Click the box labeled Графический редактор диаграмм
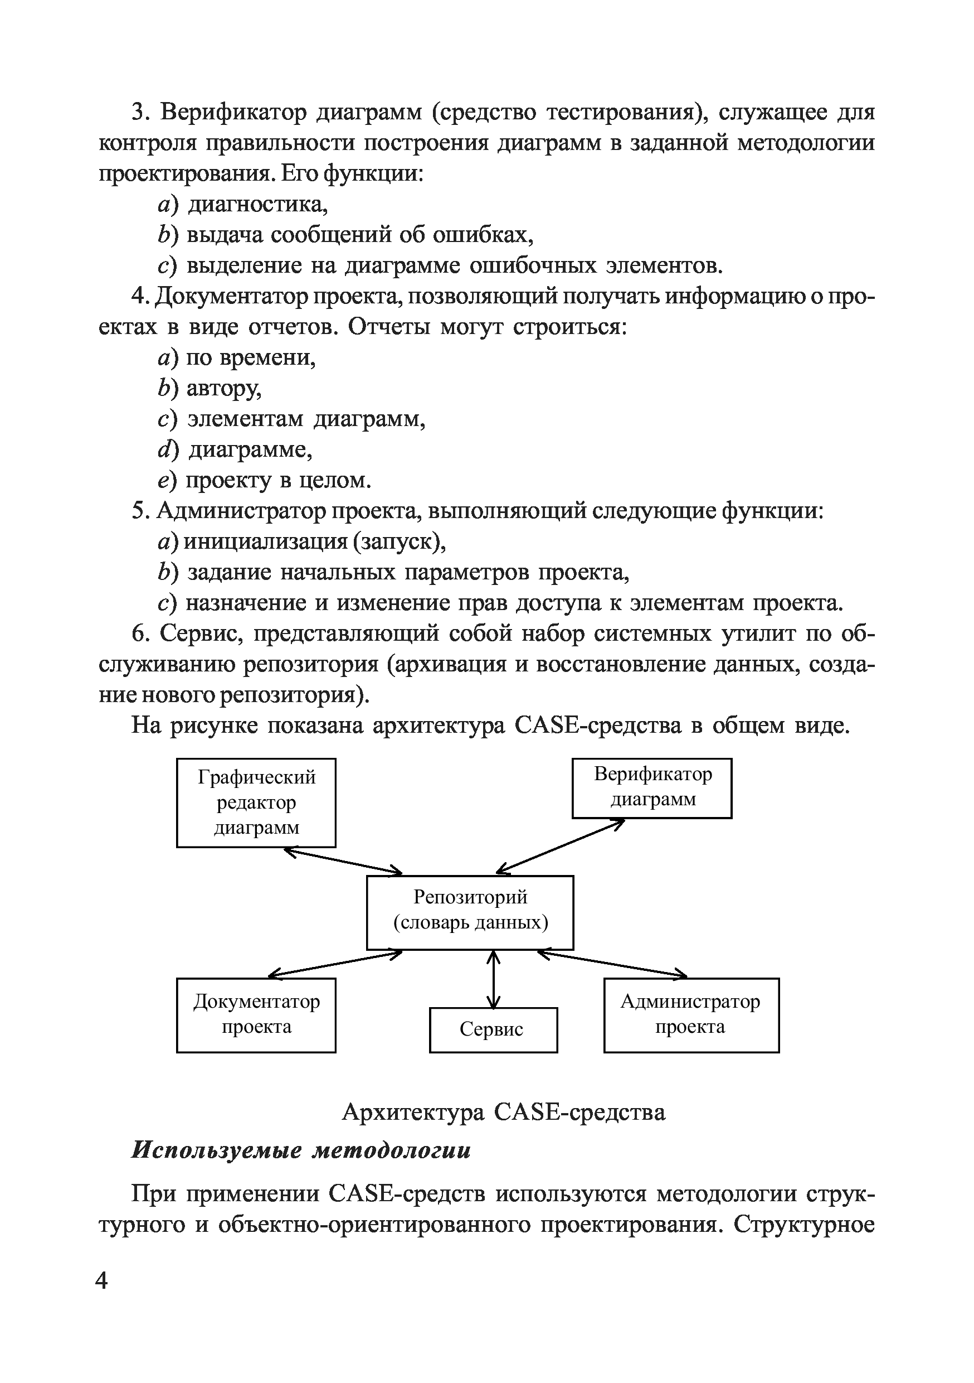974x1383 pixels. point(256,802)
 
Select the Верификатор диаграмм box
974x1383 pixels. point(652,787)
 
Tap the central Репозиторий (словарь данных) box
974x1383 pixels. point(470,912)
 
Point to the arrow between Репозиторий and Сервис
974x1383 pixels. point(494,979)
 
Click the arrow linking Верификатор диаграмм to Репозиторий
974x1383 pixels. point(561,847)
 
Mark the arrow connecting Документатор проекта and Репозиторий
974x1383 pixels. point(335,963)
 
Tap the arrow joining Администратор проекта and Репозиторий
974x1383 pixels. point(612,963)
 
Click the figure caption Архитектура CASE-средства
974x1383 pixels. point(503,1112)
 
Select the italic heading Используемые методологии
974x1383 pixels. point(301,1150)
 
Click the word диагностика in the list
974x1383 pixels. point(257,204)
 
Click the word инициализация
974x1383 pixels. point(265,541)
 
